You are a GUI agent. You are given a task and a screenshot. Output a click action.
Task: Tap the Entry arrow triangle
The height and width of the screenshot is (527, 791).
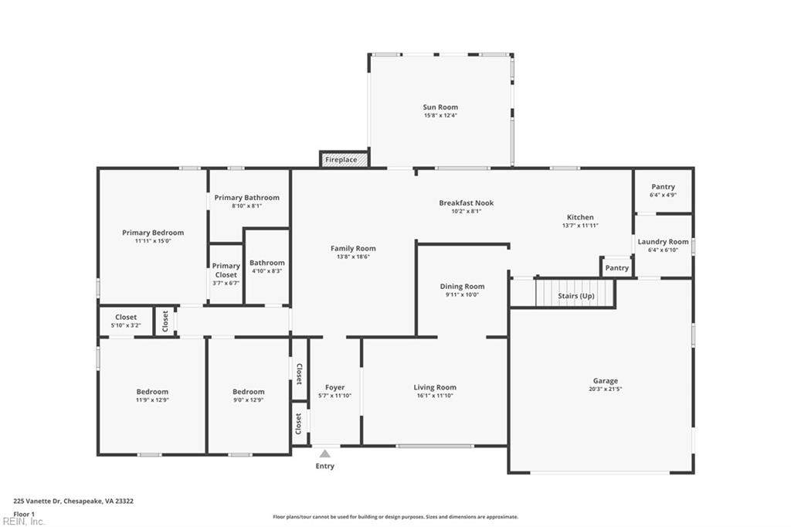(x=325, y=454)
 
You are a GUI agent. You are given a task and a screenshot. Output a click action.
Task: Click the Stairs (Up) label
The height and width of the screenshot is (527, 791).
(x=576, y=296)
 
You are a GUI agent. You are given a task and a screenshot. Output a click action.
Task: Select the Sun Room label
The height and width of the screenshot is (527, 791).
(x=440, y=107)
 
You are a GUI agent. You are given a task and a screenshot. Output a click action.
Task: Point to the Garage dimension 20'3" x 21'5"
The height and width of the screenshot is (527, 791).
(x=606, y=389)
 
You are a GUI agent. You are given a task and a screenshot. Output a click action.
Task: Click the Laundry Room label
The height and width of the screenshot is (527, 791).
(x=663, y=242)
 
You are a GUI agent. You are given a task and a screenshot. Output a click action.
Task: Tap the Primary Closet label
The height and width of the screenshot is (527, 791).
(x=226, y=270)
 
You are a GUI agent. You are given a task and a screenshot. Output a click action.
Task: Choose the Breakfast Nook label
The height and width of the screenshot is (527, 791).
(x=466, y=203)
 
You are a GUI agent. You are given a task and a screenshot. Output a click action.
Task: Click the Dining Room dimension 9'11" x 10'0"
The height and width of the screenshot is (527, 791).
(x=462, y=295)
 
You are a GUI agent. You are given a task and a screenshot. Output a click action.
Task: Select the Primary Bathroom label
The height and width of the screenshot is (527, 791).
(x=246, y=198)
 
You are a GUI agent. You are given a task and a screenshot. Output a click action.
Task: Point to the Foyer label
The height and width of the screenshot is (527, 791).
(x=335, y=388)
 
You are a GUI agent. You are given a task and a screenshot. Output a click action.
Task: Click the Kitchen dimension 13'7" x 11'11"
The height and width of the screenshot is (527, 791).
(x=580, y=226)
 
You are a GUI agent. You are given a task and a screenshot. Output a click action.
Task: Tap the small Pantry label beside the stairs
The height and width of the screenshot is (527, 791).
(x=617, y=268)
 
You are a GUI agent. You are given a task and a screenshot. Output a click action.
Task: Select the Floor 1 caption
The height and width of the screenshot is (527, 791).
(x=24, y=515)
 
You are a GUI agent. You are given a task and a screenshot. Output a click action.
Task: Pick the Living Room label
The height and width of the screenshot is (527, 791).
(x=435, y=388)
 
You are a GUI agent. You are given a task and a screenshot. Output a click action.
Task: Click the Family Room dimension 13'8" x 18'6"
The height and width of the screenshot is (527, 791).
(x=353, y=257)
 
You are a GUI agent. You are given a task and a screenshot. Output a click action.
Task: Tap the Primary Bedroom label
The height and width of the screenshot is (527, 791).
(x=153, y=233)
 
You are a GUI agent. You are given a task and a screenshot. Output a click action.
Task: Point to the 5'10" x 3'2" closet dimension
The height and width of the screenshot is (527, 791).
(x=126, y=325)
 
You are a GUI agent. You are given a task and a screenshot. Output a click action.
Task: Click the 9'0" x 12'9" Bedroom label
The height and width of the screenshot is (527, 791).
(x=248, y=392)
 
